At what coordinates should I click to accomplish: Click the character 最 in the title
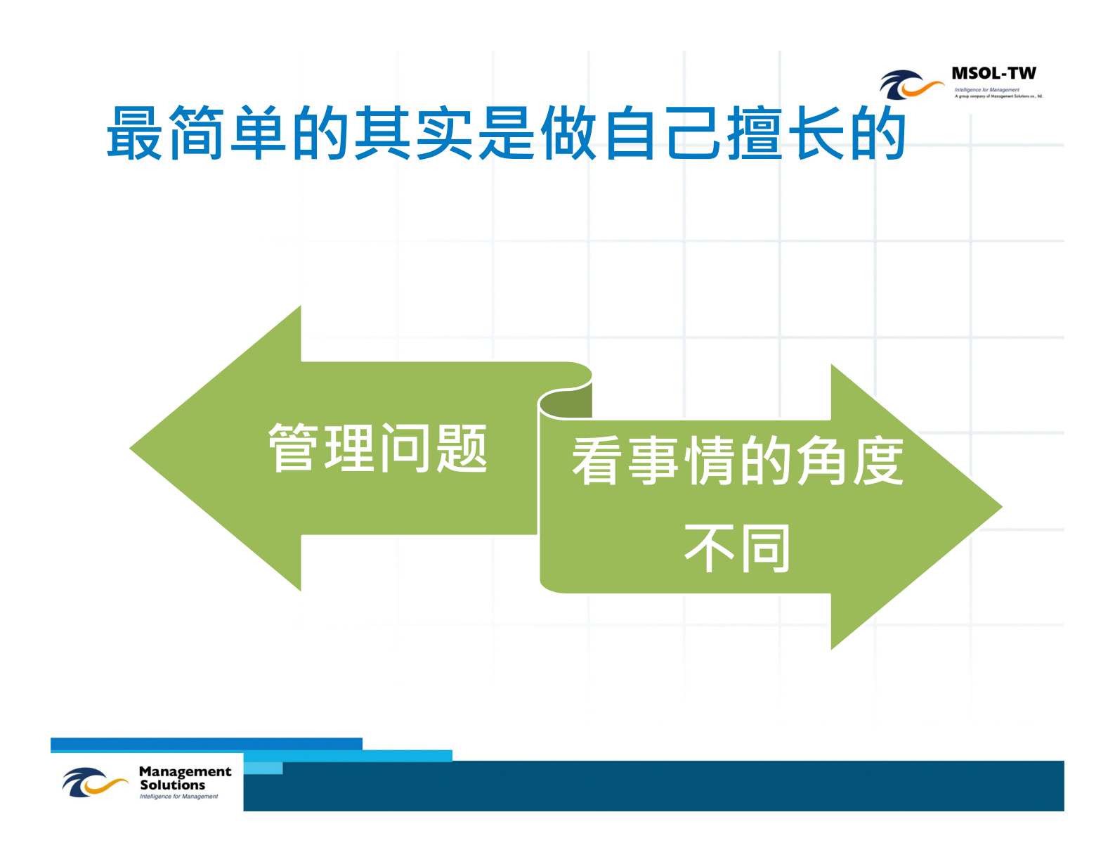[x=136, y=134]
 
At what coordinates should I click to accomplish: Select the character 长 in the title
[x=816, y=134]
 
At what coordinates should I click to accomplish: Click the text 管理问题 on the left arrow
[x=378, y=449]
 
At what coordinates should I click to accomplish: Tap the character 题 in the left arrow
[x=462, y=449]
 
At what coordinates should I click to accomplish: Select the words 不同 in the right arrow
[x=738, y=548]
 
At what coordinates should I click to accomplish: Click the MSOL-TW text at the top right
[x=993, y=73]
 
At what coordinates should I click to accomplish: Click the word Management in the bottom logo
[x=185, y=771]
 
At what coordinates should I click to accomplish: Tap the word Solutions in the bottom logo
[x=172, y=785]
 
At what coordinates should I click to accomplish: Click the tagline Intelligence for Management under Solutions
[x=178, y=797]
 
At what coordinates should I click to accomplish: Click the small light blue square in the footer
[x=263, y=767]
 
